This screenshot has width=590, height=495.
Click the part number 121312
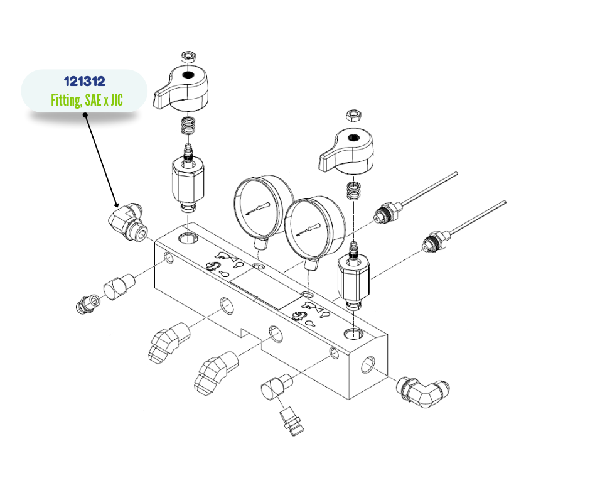(85, 82)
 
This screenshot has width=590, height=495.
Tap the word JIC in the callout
(117, 101)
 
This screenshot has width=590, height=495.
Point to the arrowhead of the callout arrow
(117, 204)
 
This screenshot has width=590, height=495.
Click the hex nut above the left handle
(188, 57)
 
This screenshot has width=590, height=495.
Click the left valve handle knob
(181, 88)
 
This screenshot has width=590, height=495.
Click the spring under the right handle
(353, 190)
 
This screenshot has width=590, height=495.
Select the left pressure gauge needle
(258, 209)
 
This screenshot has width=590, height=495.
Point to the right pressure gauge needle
(309, 230)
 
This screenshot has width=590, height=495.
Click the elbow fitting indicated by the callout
(128, 222)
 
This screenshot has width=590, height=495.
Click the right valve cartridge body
(354, 280)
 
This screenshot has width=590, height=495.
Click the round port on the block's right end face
(368, 365)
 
